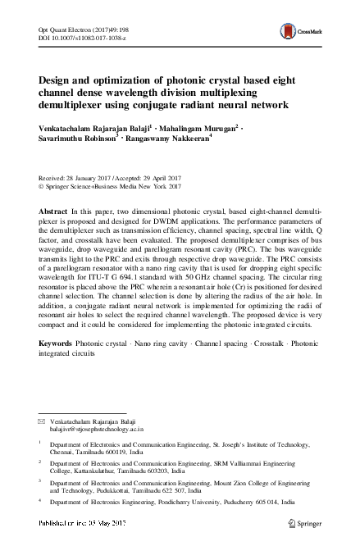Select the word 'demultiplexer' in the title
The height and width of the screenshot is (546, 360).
point(76,106)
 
